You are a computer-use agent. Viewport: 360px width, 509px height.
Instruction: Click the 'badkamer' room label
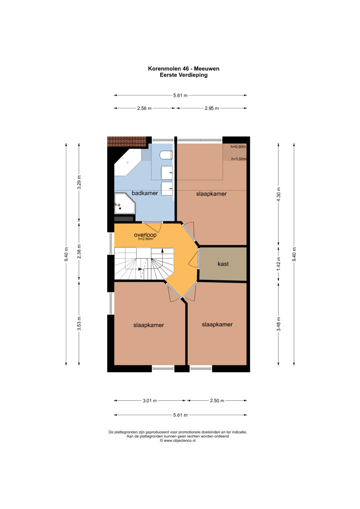145,193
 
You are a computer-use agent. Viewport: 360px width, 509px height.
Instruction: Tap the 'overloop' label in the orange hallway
145,235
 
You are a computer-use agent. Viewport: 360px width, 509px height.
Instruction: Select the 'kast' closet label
223,264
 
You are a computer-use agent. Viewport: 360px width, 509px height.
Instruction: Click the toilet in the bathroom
166,155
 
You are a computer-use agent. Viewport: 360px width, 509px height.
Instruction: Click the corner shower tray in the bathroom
125,203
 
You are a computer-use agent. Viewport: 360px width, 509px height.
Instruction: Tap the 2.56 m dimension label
144,108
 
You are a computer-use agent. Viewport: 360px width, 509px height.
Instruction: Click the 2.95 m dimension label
212,108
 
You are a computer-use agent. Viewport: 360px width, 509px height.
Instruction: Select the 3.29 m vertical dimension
79,182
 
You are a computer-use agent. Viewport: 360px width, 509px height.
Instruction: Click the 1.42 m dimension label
279,264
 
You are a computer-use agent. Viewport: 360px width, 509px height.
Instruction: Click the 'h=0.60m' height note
238,147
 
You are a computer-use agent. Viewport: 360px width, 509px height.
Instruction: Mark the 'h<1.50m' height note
239,159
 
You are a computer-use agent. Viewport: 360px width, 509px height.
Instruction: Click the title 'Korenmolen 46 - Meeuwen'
184,69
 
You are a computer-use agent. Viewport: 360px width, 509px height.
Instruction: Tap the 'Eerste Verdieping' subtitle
184,75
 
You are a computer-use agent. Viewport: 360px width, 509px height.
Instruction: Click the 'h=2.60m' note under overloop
145,239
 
